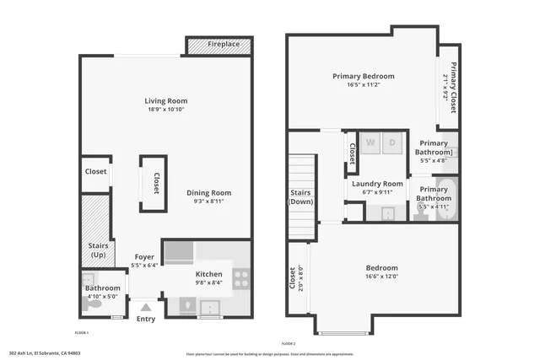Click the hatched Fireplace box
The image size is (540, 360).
click(218, 46)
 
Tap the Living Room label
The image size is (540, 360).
click(165, 101)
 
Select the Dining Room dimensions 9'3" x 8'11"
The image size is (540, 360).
click(208, 201)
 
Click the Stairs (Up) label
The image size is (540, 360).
click(97, 250)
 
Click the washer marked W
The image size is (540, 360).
click(370, 143)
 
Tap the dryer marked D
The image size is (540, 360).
click(392, 143)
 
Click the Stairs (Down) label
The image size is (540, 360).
click(300, 197)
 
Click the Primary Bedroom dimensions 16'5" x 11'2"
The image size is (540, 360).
click(363, 85)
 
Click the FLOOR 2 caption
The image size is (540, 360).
click(290, 343)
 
